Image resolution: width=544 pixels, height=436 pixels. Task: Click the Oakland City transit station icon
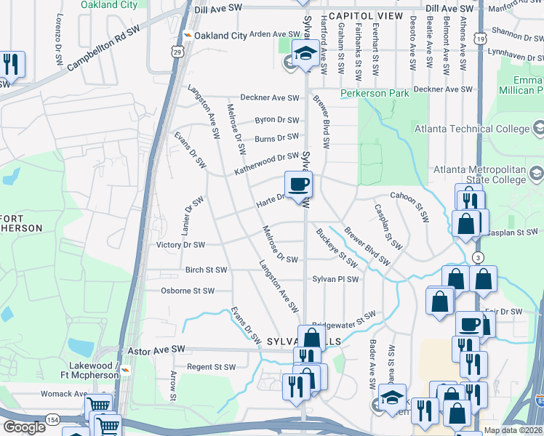[188, 35]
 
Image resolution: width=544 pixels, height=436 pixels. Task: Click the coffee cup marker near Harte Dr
[299, 185]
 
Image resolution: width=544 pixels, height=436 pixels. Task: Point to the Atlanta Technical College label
[472, 129]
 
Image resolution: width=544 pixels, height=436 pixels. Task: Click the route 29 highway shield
[177, 52]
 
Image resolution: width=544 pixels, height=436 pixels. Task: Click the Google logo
[25, 427]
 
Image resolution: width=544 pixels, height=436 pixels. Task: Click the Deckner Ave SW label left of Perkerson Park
[270, 98]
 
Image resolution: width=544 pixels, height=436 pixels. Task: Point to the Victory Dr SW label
[181, 246]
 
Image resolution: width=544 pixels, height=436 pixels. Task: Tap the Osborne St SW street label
[188, 291]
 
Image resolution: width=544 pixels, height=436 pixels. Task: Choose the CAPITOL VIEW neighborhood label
[364, 15]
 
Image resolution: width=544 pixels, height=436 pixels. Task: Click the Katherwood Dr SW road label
[266, 163]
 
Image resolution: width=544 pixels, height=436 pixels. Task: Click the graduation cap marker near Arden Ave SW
[305, 52]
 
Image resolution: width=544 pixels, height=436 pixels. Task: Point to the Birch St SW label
[207, 270]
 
